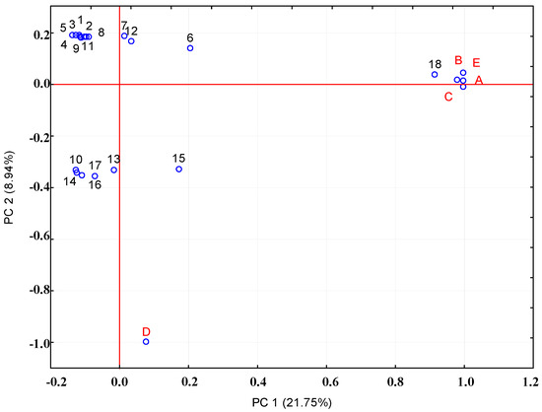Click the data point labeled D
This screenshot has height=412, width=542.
(x=146, y=342)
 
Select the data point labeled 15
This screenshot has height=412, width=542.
(x=179, y=169)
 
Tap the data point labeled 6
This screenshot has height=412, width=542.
(x=190, y=48)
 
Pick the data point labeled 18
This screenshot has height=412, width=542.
(x=435, y=75)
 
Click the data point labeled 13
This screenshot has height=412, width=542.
(x=114, y=170)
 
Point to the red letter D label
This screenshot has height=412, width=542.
(x=146, y=331)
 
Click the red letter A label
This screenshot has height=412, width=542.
(x=479, y=80)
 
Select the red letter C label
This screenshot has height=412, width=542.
(x=448, y=97)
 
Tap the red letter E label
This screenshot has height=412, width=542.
(x=476, y=61)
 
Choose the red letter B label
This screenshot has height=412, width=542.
(x=458, y=60)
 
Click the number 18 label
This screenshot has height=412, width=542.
(x=435, y=63)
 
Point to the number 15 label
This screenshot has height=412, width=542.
(x=178, y=158)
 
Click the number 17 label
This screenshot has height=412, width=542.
(x=96, y=166)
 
